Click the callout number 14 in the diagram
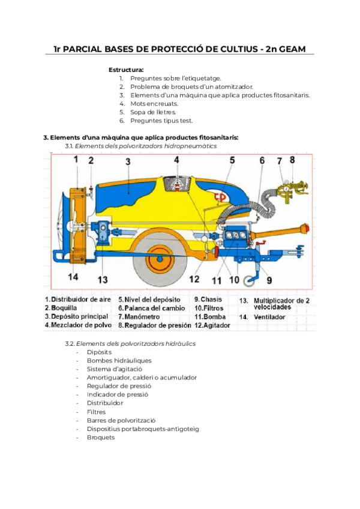[73, 277]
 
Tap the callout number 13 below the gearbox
[103, 279]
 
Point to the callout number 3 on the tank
[128, 161]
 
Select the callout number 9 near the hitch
[269, 279]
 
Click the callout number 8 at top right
[292, 160]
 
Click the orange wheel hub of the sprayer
[160, 262]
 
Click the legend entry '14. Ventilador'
[263, 316]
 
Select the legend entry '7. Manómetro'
[142, 316]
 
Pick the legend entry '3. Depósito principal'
[76, 316]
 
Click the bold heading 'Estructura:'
[126, 70]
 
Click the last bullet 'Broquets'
[100, 438]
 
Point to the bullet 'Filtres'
[96, 412]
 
